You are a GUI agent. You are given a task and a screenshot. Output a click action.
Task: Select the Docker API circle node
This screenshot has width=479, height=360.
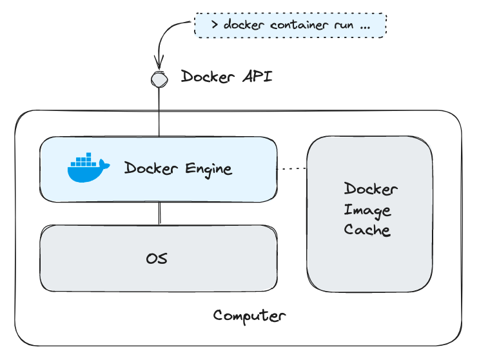pos(158,78)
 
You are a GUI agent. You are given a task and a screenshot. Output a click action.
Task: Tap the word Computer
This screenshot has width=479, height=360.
pos(249,315)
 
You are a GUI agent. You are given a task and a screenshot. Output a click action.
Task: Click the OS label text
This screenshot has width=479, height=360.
pos(157,259)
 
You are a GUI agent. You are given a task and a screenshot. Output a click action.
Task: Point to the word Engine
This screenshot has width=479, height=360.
pos(208,169)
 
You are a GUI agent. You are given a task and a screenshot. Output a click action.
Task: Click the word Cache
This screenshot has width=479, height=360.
pos(367,230)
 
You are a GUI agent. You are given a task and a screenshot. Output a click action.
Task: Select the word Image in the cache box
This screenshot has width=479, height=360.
pos(367,210)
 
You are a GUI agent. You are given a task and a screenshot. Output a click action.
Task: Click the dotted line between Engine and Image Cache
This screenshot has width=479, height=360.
pos(291,169)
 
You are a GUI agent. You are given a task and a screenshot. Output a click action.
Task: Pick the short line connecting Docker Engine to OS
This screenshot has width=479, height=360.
pos(158,213)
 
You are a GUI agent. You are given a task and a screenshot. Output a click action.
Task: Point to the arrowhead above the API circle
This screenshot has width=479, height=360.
pos(157,66)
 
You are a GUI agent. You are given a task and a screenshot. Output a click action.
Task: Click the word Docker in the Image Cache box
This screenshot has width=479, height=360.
pos(371,189)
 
